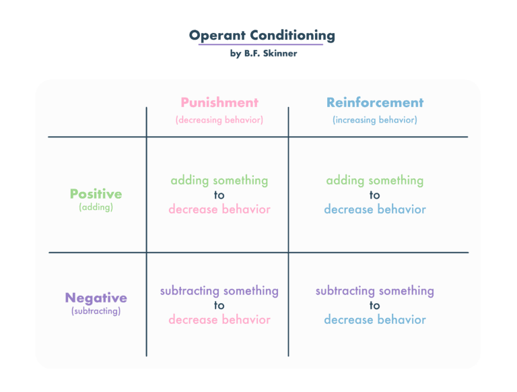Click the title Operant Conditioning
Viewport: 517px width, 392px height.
263,36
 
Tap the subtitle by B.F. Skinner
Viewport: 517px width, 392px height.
263,53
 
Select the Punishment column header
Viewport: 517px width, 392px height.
219,103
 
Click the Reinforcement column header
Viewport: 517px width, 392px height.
375,103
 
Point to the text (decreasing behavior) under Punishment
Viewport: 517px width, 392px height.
219,120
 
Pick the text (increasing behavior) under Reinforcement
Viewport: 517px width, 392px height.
375,120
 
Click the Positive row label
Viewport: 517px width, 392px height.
96,194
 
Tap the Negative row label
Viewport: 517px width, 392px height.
96,298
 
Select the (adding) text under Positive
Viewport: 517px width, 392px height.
96,207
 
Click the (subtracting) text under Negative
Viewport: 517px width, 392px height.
96,311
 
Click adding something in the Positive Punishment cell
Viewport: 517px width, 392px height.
219,181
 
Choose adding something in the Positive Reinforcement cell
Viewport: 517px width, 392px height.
375,181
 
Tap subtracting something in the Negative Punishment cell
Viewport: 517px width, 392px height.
219,291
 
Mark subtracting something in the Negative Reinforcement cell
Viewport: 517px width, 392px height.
375,291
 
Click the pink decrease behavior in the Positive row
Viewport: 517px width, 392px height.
219,209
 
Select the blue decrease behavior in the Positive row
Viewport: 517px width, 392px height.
375,209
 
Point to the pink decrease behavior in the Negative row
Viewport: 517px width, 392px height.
219,320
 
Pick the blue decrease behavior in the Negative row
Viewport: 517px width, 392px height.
375,320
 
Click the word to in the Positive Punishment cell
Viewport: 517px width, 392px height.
219,195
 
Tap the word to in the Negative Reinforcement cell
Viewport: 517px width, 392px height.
375,306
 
